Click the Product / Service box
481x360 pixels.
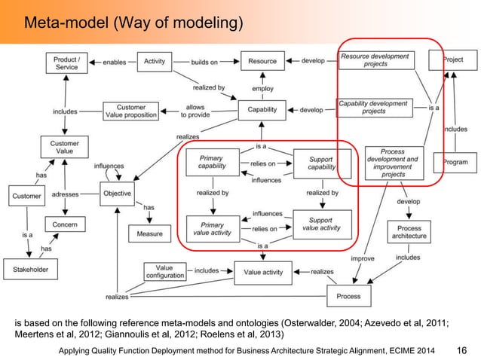[66, 63]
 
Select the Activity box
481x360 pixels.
[154, 60]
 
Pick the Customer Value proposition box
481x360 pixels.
[131, 111]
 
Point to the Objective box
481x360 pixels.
[116, 194]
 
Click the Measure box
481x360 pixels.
[149, 234]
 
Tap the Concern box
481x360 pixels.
[66, 225]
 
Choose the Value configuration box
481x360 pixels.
[164, 272]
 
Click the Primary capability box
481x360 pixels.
[212, 163]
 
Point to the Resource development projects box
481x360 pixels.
[375, 60]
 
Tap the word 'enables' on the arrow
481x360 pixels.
[114, 60]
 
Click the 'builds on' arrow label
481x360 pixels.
[204, 60]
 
